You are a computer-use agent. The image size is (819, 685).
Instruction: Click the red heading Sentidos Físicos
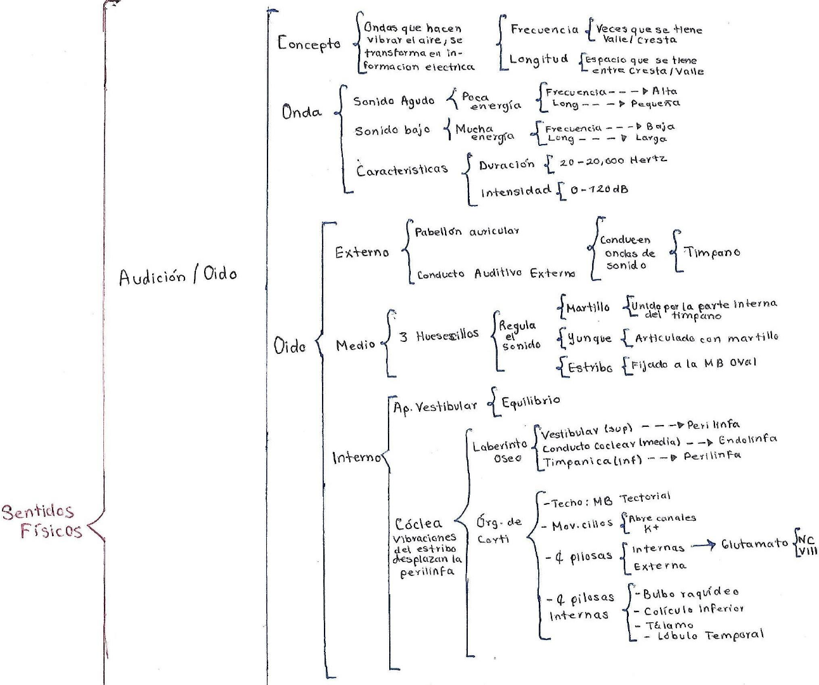(42, 521)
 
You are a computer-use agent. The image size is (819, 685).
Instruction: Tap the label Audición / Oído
(177, 277)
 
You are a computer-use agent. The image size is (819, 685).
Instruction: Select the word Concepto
(309, 44)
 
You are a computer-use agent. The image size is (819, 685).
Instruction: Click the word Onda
(302, 113)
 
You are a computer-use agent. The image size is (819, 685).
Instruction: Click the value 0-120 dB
(599, 189)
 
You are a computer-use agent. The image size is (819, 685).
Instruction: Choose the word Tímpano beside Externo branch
(712, 252)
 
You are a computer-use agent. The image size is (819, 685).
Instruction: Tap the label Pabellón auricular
(467, 232)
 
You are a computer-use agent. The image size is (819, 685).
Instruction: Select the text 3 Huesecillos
(439, 336)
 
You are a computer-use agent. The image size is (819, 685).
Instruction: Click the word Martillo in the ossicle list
(588, 308)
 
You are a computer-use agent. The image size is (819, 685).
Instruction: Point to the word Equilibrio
(531, 401)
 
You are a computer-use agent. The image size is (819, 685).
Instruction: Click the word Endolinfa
(747, 439)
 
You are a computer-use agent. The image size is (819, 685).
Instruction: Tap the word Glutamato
(754, 544)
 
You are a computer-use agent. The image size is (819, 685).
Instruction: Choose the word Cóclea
(418, 524)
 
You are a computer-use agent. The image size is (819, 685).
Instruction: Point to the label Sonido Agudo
(394, 101)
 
